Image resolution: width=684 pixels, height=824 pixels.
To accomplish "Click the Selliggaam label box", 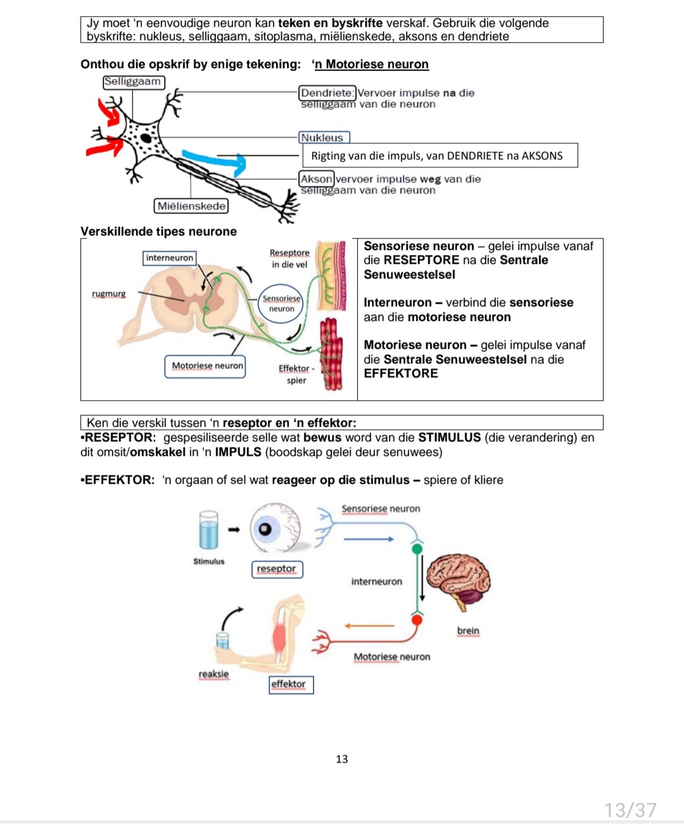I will click(x=133, y=82).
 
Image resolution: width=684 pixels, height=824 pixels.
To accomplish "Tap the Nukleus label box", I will click(x=323, y=138).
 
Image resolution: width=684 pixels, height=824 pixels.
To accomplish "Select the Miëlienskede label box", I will click(x=191, y=206).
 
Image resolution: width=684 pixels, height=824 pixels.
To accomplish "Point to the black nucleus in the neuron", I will click(x=146, y=138).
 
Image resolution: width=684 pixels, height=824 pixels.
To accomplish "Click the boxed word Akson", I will click(x=316, y=179).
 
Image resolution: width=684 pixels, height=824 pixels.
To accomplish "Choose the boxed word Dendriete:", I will click(x=327, y=93).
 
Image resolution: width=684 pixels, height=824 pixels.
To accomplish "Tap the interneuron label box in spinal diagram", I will click(x=169, y=258).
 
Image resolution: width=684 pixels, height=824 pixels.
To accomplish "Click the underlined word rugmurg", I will click(x=109, y=294).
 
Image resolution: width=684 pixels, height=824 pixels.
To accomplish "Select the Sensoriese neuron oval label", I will click(x=282, y=304).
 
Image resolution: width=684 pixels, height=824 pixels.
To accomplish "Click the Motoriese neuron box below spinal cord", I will click(x=205, y=366).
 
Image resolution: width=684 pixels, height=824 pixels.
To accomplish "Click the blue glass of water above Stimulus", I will click(x=208, y=531).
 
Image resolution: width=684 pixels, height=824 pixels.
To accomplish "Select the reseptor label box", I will click(x=277, y=569).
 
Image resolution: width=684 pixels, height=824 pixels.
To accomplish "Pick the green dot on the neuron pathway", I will click(x=417, y=548).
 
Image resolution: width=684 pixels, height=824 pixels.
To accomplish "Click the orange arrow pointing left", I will click(x=369, y=626).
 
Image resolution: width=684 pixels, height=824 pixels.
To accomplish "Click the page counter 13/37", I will click(x=630, y=809).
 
